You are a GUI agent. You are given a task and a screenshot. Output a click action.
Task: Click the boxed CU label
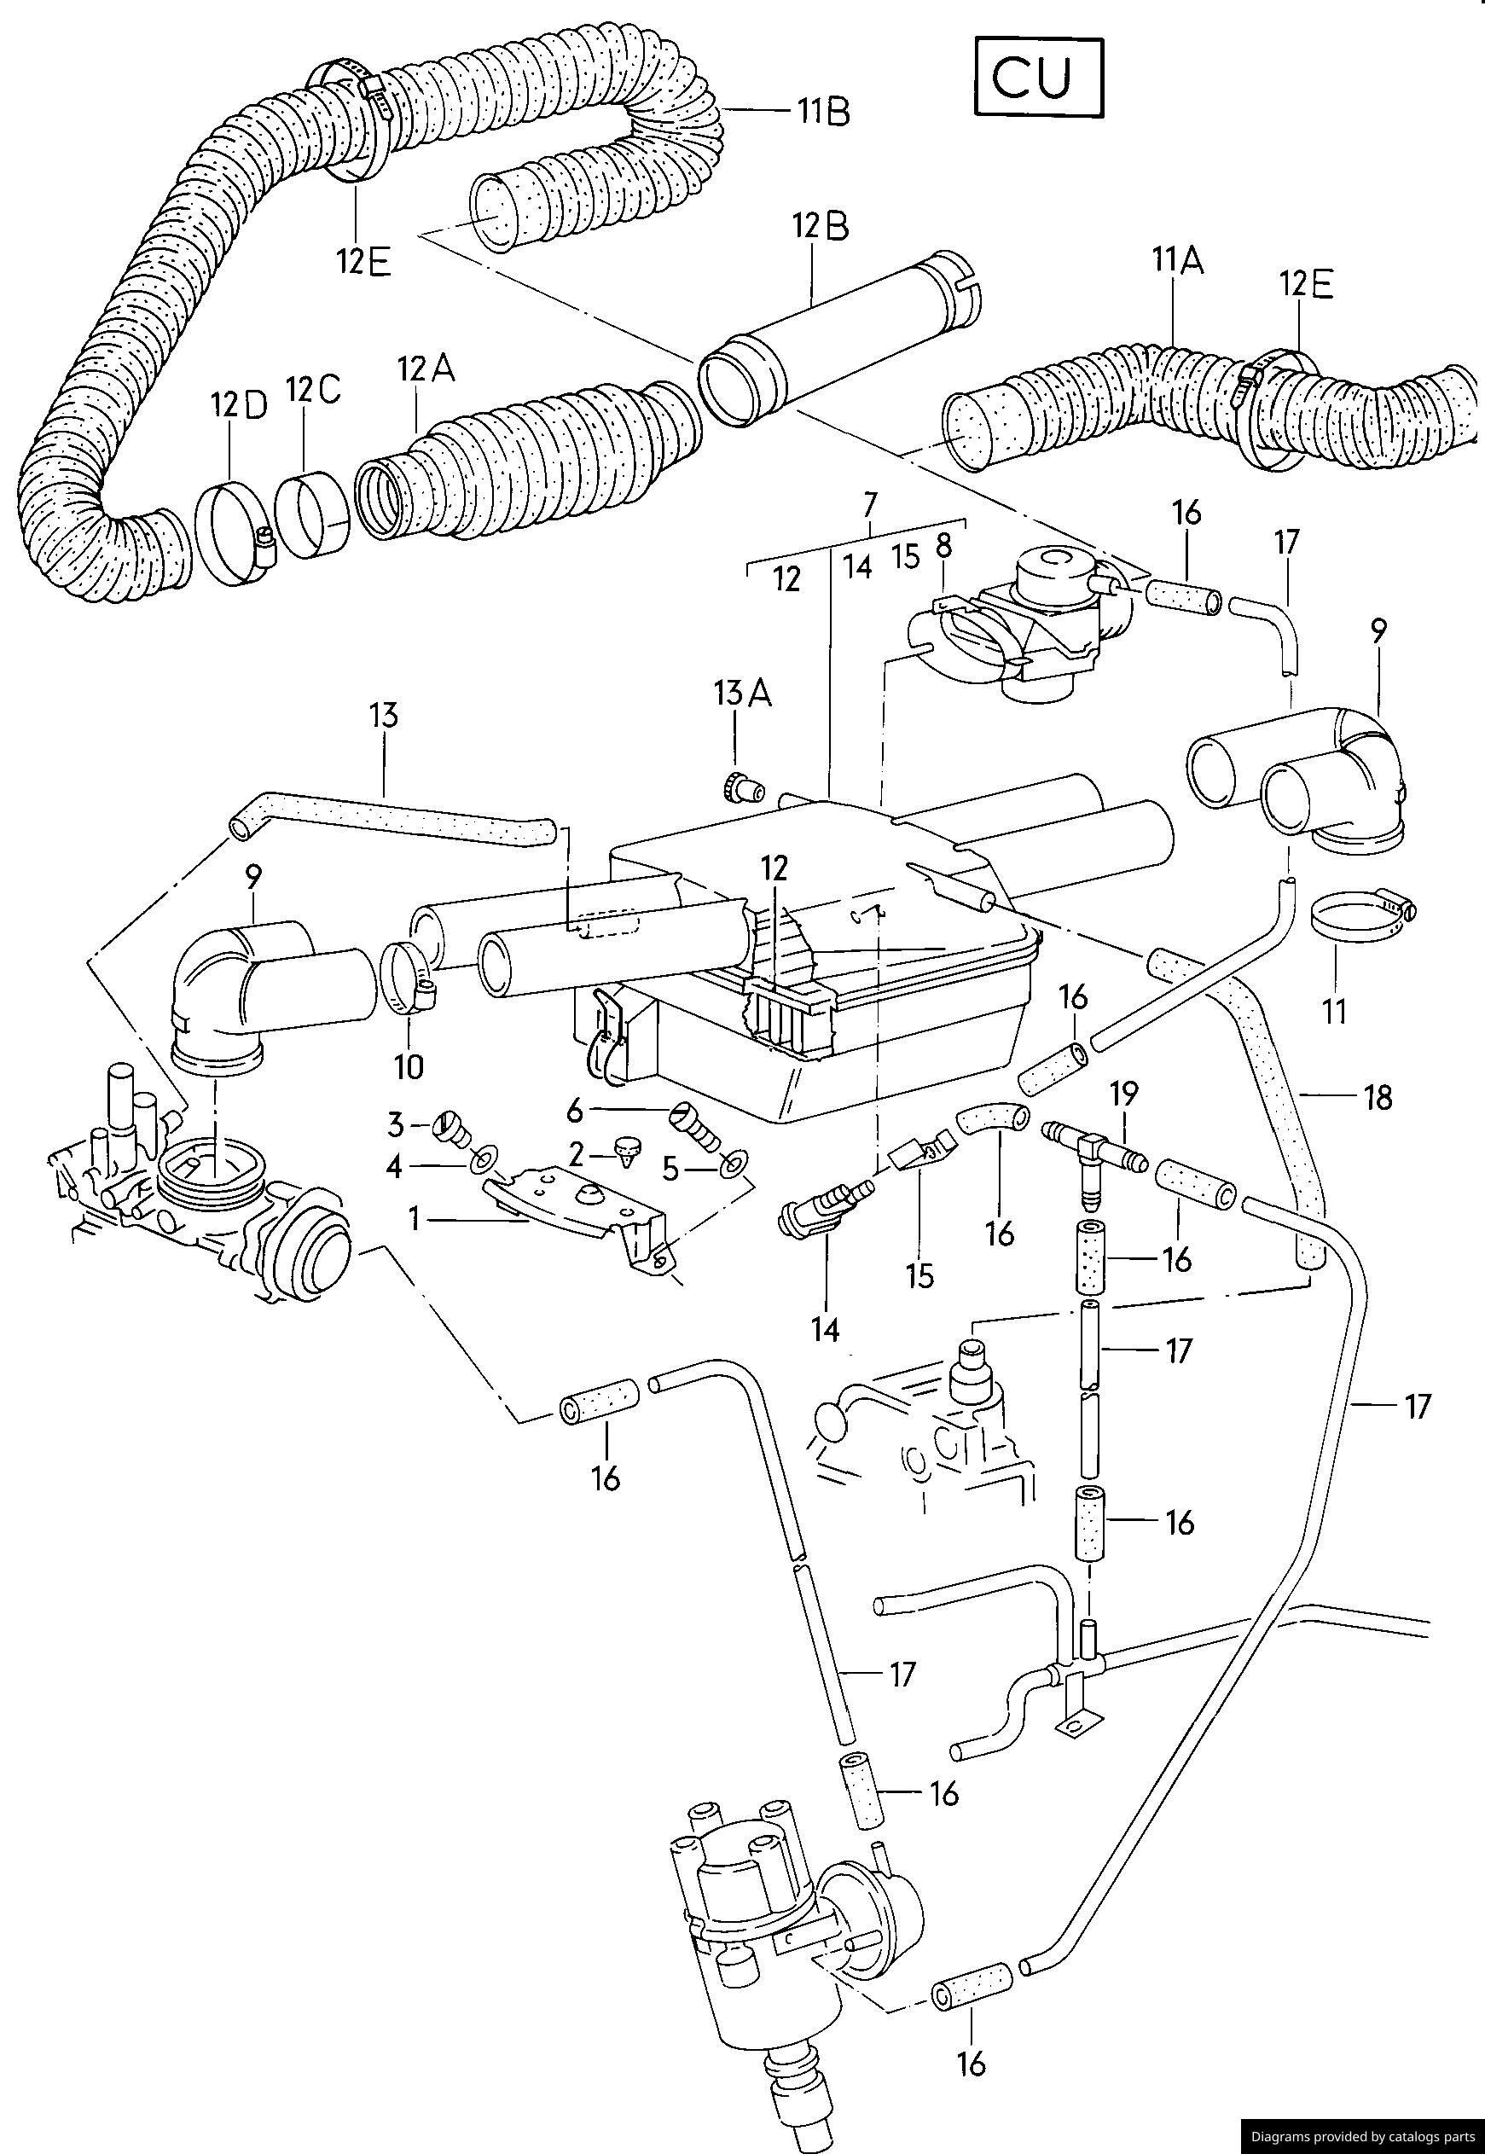point(1037,78)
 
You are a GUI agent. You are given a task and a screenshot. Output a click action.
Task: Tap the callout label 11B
point(823,112)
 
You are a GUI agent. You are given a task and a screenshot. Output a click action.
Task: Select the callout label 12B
point(820,226)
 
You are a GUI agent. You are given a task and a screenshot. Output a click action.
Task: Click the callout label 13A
point(742,694)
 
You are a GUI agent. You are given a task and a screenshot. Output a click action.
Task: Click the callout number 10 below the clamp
point(409,1066)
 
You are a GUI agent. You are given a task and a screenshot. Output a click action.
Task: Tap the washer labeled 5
point(736,1163)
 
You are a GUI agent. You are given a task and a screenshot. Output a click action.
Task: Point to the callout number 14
point(824,1330)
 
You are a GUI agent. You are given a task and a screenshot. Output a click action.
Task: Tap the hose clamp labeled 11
point(1360,912)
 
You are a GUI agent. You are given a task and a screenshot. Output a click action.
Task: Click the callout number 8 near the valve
point(943,547)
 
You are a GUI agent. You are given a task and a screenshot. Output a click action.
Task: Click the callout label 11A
point(1177,260)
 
